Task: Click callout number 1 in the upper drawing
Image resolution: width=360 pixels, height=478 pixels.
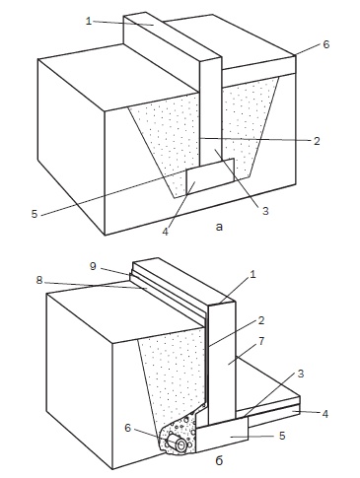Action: tap(88, 21)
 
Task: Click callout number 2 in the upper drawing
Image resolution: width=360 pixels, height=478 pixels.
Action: tap(317, 141)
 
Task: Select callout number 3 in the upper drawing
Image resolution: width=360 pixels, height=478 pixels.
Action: tap(265, 211)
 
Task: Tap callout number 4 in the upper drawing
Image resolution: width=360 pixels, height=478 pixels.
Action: tap(165, 232)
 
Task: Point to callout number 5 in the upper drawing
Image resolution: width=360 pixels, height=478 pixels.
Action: tap(35, 214)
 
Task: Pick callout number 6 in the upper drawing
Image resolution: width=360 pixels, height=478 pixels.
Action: tap(325, 44)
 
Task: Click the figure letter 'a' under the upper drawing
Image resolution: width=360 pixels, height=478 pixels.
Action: tap(219, 227)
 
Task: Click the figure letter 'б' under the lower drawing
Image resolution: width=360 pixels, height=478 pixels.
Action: tap(219, 460)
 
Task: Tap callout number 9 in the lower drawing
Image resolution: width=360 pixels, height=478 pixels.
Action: tap(93, 266)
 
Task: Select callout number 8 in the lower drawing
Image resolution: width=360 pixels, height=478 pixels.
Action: tap(39, 280)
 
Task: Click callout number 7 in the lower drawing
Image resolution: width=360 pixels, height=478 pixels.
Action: tap(261, 341)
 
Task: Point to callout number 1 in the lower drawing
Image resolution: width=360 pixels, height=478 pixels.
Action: tap(252, 274)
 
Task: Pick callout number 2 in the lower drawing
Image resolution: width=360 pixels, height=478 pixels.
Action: tap(261, 320)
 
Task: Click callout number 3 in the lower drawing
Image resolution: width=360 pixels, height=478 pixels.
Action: tap(301, 374)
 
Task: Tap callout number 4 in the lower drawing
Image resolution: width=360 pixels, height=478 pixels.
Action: tap(324, 414)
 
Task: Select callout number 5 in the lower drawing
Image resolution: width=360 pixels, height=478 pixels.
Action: tap(282, 436)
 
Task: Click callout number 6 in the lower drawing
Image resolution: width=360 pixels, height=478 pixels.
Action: tap(128, 428)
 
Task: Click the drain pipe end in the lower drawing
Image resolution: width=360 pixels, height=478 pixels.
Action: tap(180, 444)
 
